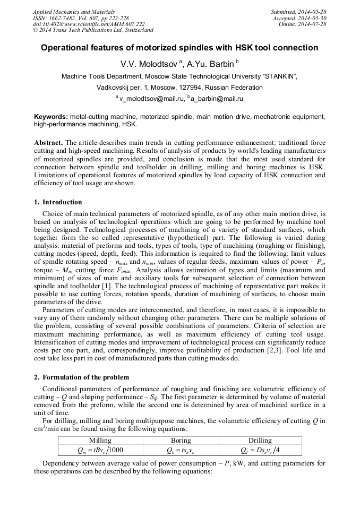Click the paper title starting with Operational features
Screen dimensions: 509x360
pyautogui.click(x=179, y=48)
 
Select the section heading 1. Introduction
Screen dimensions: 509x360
pyautogui.click(x=58, y=202)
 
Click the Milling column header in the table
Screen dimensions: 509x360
pyautogui.click(x=100, y=441)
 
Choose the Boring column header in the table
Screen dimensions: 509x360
pyautogui.click(x=181, y=441)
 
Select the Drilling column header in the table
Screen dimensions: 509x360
pyautogui.click(x=260, y=441)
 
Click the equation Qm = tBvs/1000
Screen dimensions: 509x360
pyautogui.click(x=100, y=450)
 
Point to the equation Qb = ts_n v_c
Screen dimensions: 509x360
pyautogui.click(x=181, y=450)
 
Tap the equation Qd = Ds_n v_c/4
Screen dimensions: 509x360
pyautogui.click(x=260, y=450)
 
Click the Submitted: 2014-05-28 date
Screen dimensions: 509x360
pyautogui.click(x=299, y=12)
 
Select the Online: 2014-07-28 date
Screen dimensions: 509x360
pyautogui.click(x=303, y=24)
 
